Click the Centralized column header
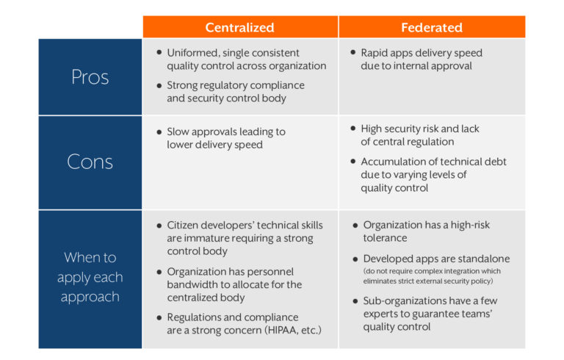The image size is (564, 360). pos(239,28)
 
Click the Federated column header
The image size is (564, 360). pos(431,28)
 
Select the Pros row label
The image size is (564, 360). pos(90,77)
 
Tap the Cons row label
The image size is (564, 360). pos(90,162)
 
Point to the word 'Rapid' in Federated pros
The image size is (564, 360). pos(375,53)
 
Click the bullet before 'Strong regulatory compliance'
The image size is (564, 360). pos(159,85)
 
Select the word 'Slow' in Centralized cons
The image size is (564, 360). pos(178,132)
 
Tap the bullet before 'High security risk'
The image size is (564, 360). pos(353,129)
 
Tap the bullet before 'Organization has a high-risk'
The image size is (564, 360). pos(355,226)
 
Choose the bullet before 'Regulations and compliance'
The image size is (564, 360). pos(159,317)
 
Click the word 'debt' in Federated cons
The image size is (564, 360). pos(495,162)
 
